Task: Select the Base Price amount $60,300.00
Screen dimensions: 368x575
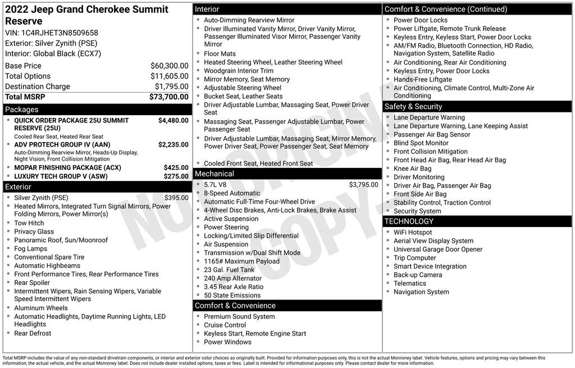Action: pos(169,66)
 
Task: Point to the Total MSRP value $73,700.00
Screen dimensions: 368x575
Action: pos(168,97)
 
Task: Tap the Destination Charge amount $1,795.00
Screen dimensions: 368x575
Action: pos(171,87)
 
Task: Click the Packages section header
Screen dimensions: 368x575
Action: pos(22,110)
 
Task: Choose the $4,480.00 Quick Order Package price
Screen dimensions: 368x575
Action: pos(173,120)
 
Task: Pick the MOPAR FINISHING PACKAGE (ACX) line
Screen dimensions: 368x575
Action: pos(67,167)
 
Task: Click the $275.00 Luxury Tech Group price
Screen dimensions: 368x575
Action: pos(176,176)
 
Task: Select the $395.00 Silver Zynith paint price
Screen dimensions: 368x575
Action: pos(176,198)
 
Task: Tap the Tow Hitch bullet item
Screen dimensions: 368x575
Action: pos(29,223)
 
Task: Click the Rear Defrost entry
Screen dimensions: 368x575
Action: pos(33,333)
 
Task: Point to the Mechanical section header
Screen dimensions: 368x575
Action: pos(214,174)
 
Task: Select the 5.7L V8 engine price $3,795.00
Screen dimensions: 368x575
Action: pos(363,184)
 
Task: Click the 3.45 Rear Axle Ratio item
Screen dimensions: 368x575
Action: pos(233,287)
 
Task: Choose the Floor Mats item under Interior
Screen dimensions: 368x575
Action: pos(220,54)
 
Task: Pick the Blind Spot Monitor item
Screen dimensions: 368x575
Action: pos(421,143)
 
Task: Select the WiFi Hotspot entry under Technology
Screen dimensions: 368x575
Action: pos(413,232)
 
